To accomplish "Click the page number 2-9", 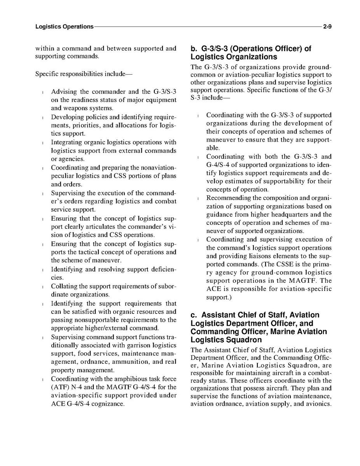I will tap(327, 27).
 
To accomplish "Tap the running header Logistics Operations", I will tap(64, 27).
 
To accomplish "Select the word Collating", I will tap(64, 286).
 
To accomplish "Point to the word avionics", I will tap(318, 404).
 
